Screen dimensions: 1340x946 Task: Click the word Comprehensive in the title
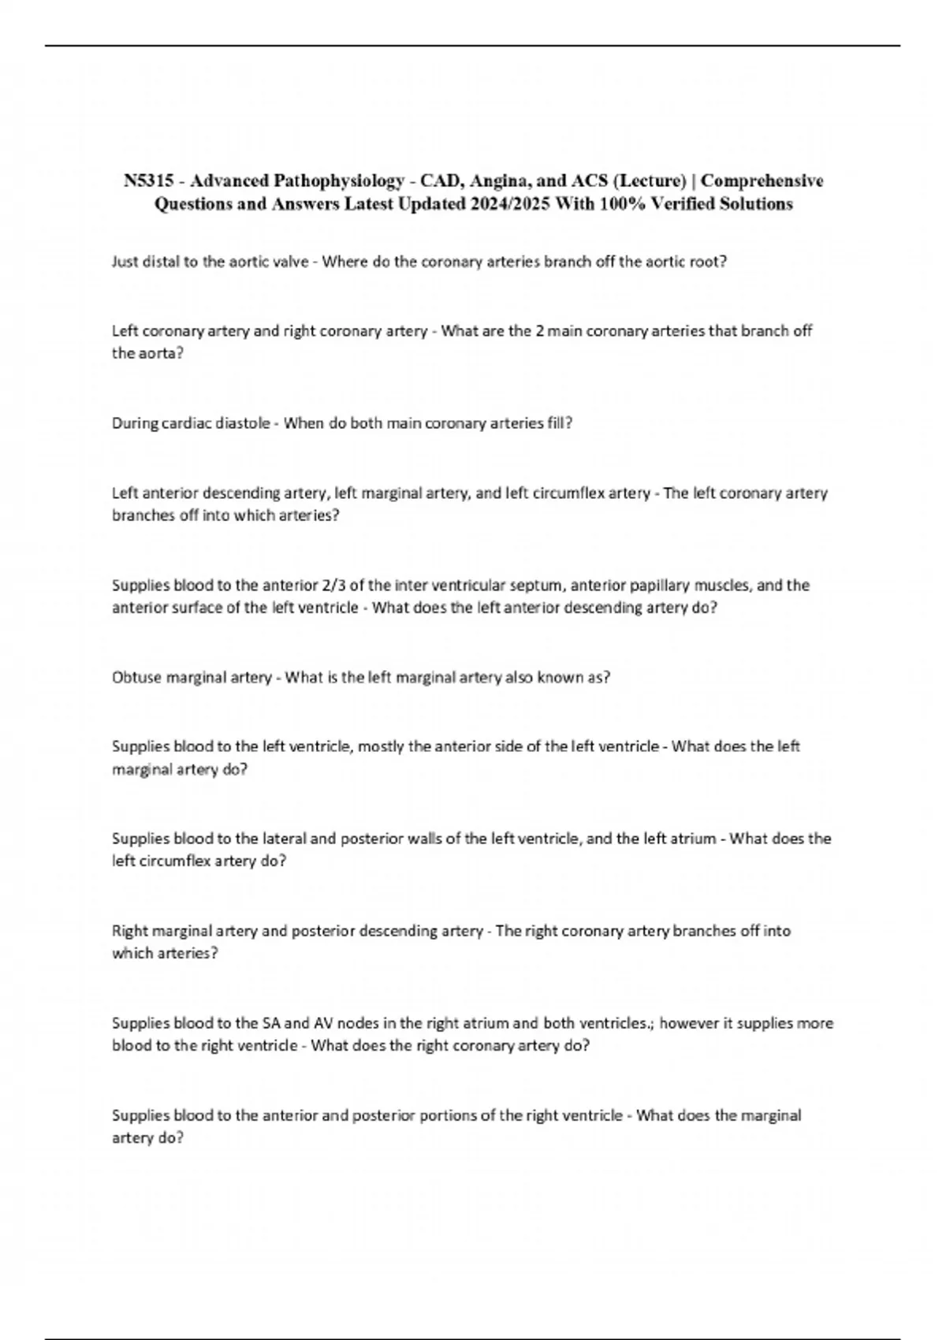point(762,181)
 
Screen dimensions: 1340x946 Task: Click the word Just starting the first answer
point(126,262)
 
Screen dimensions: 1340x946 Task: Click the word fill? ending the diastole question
point(558,423)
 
